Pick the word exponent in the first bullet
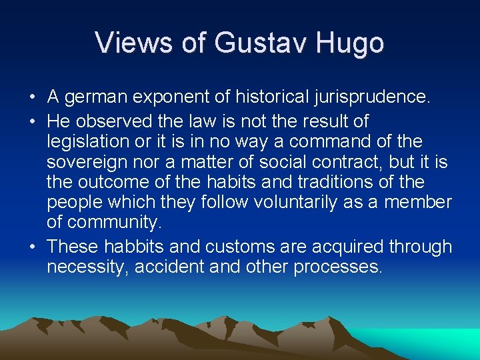180,98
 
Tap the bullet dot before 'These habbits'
32,247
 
